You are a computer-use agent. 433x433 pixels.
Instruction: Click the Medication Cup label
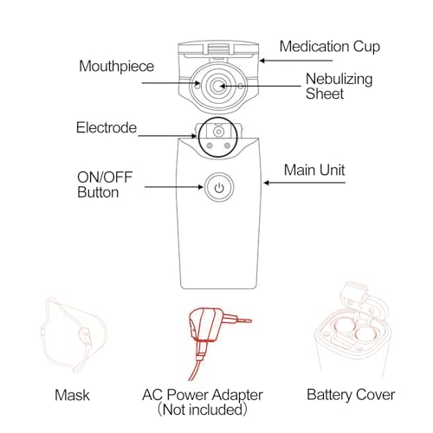tap(330, 46)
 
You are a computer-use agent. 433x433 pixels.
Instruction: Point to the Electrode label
tap(107, 128)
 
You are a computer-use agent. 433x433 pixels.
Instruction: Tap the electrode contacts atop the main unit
tap(216, 137)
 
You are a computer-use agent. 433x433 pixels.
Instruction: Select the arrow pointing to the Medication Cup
tap(269, 58)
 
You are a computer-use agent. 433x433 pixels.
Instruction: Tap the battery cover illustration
tap(351, 333)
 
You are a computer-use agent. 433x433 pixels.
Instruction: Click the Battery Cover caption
tap(351, 395)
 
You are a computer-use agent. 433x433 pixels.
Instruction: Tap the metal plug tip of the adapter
tap(244, 320)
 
